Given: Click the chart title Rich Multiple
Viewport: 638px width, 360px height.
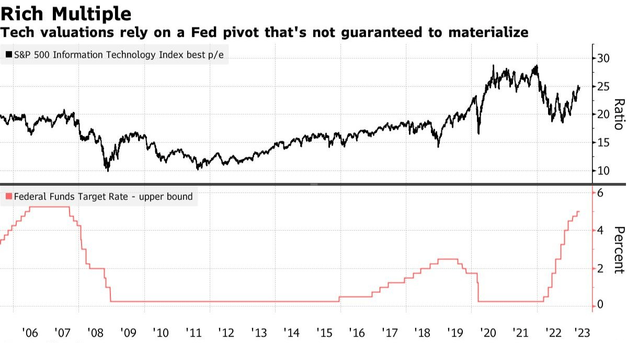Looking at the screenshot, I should click(x=66, y=13).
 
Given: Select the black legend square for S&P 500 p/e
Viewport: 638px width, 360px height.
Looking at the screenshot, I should click(x=9, y=55).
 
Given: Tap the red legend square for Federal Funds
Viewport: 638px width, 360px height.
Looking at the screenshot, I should click(x=9, y=197).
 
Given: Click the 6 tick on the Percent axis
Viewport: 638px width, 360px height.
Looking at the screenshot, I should click(x=600, y=193).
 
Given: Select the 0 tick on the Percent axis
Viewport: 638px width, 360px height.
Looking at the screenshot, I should click(x=600, y=305).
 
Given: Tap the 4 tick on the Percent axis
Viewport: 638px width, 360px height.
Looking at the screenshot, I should click(x=600, y=231).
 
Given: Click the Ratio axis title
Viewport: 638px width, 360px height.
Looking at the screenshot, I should click(x=619, y=114).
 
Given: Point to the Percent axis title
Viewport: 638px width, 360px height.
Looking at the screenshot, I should click(x=619, y=250).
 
